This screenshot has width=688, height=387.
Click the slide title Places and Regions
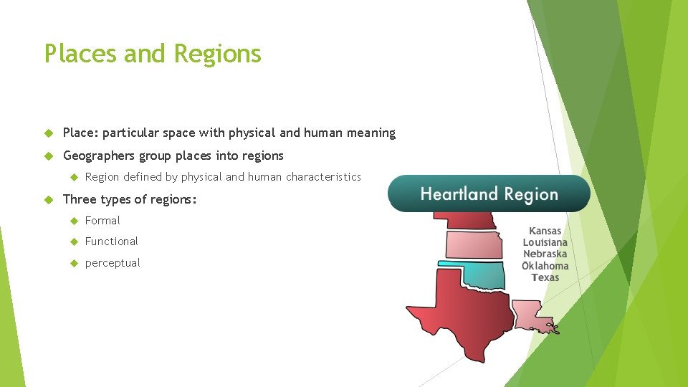tap(153, 54)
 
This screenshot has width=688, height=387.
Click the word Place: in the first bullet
tap(82, 133)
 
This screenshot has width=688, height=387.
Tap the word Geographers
tap(99, 156)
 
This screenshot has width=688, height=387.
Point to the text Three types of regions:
tap(129, 199)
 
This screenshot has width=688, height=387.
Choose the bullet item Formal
tap(102, 221)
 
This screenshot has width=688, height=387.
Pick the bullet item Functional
tap(111, 242)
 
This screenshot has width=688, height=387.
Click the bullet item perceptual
tap(113, 263)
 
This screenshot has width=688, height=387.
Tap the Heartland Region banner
tap(489, 194)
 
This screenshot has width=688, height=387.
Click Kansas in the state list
tap(545, 231)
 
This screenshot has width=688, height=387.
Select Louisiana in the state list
tap(545, 242)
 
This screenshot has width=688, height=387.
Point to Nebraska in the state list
tap(545, 254)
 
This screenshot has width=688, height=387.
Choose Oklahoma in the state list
tap(545, 266)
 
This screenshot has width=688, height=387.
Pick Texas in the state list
tap(545, 277)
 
